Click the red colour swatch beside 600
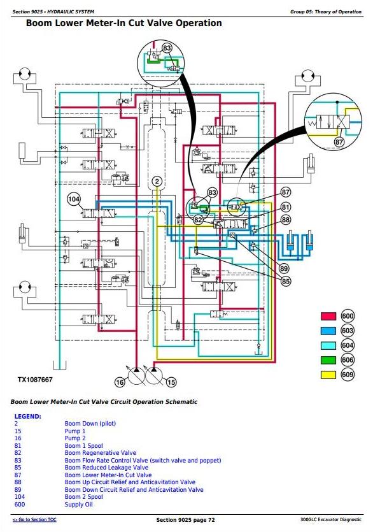coord(328,316)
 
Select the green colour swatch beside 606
coord(328,360)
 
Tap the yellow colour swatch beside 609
coord(328,375)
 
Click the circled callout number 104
coord(74,199)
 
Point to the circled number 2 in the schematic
coord(157,182)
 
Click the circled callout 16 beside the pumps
coord(120,382)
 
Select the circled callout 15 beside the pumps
coord(172,382)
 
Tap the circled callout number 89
coord(284,269)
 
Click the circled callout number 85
coord(286,281)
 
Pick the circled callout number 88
coord(286,220)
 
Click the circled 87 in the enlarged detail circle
coord(339,142)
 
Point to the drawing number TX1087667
coord(35,380)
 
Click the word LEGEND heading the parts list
coord(28,416)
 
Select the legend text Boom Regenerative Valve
coord(101,453)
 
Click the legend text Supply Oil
coord(79,504)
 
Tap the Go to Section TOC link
coord(34,519)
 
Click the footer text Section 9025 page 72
coord(185,520)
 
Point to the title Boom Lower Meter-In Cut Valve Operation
coord(124,23)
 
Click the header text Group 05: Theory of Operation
coord(326,11)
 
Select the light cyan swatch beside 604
coord(328,345)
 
